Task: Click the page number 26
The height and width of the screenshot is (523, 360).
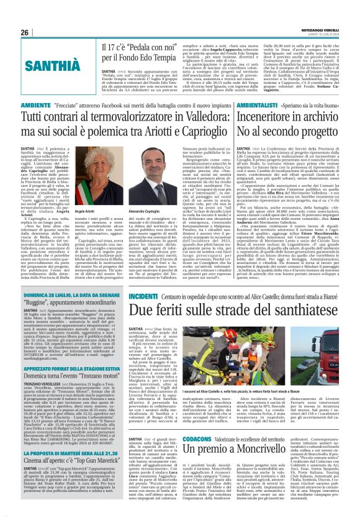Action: tap(24, 32)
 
